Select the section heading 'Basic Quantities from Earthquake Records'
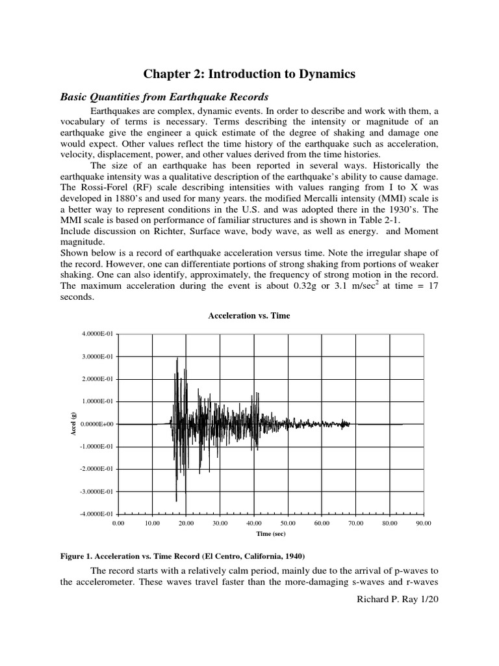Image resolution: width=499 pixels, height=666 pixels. pyautogui.click(x=164, y=96)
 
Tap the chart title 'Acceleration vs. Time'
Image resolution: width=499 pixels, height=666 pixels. pyautogui.click(x=249, y=315)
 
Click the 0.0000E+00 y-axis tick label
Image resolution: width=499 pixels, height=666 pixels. pyautogui.click(x=96, y=424)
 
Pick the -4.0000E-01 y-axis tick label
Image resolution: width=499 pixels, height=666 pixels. pyautogui.click(x=96, y=514)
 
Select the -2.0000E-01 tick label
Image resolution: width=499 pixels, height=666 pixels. pyautogui.click(x=96, y=469)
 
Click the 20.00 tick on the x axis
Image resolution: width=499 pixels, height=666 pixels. pyautogui.click(x=186, y=522)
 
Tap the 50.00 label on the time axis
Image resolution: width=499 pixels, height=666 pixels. pyautogui.click(x=288, y=522)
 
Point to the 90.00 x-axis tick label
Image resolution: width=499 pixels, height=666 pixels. pyautogui.click(x=424, y=522)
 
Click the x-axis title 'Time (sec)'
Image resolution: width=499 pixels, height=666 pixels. pyautogui.click(x=270, y=533)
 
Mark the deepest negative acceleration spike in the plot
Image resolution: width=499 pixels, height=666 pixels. pyautogui.click(x=176, y=499)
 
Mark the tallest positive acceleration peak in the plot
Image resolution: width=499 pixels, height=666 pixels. pyautogui.click(x=177, y=358)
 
